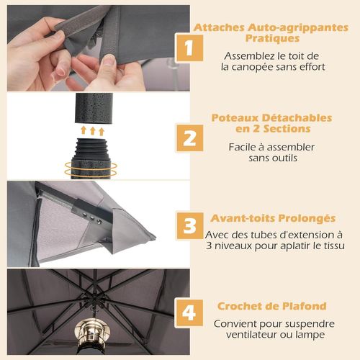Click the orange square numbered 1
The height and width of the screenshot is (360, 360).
[x=189, y=48]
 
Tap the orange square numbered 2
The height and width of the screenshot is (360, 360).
[x=189, y=138]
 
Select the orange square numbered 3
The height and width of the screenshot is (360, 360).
[x=189, y=226]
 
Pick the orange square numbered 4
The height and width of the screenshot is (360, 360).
[x=189, y=313]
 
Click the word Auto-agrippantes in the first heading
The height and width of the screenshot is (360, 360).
[x=298, y=28]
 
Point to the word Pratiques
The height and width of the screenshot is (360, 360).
[x=272, y=38]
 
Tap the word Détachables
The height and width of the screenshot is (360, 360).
[x=297, y=118]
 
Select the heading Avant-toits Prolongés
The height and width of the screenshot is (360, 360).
[x=273, y=218]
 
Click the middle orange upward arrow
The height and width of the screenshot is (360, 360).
[x=93, y=131]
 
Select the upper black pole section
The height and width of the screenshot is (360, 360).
[x=94, y=108]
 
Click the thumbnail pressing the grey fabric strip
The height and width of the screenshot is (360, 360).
[x=109, y=60]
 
